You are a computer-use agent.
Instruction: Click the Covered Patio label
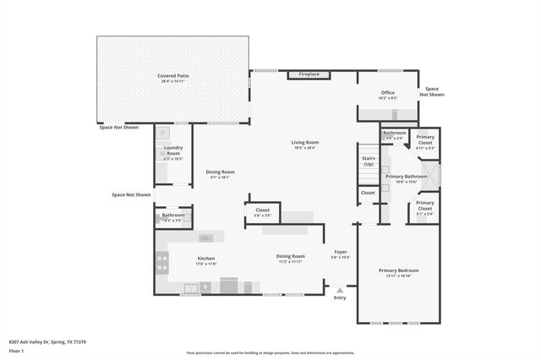172,76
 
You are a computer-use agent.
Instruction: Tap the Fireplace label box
309,74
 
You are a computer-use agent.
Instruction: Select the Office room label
388,93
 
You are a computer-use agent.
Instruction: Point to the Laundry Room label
172,153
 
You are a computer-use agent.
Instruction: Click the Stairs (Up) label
368,161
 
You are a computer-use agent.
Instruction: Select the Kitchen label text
206,259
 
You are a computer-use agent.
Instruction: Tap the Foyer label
341,252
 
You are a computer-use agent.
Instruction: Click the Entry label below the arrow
340,297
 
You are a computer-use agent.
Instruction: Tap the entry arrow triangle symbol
340,289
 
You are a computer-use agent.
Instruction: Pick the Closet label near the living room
262,210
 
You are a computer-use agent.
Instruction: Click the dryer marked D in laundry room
163,134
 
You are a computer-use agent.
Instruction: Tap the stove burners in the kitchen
162,261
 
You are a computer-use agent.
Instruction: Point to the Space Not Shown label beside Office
434,91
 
